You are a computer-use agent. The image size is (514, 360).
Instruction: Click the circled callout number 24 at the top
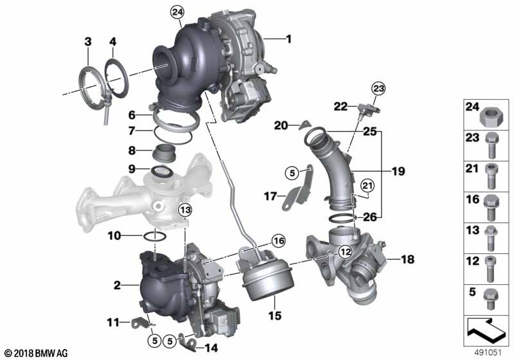[x=177, y=12]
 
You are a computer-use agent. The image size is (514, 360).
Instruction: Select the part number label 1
[x=288, y=39]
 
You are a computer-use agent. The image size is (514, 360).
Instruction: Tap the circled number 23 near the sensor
[x=378, y=89]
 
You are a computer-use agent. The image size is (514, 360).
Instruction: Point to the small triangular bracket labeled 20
[x=304, y=125]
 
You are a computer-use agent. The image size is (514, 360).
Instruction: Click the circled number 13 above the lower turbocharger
[x=185, y=210]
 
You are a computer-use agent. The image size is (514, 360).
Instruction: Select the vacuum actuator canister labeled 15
[x=265, y=274]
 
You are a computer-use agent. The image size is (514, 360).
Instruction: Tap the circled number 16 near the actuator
[x=279, y=241]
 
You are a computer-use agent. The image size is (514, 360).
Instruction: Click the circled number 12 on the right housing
[x=346, y=252]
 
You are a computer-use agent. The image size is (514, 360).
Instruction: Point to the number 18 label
[x=408, y=259]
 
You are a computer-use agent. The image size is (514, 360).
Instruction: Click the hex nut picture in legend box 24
[x=489, y=117]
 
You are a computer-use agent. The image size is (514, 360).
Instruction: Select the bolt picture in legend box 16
[x=491, y=208]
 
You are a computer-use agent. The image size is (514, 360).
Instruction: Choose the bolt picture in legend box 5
[x=491, y=299]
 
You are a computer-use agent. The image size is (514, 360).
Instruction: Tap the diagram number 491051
[x=488, y=353]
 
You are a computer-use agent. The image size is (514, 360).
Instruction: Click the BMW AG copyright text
[x=36, y=353]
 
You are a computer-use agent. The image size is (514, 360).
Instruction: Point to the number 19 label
[x=398, y=171]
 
